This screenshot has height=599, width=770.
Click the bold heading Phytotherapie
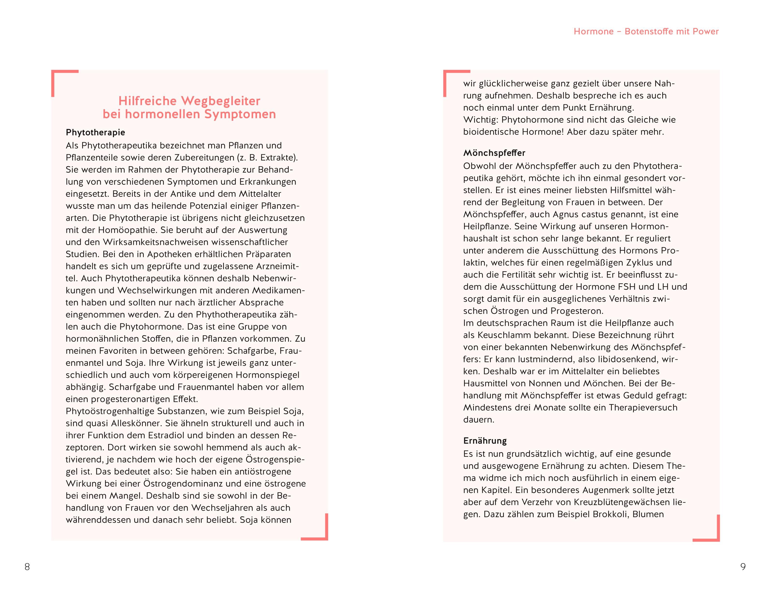[95, 133]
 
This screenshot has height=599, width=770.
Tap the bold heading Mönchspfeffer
[494, 153]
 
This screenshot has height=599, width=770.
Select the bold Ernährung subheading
[485, 441]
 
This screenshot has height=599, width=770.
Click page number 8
[27, 567]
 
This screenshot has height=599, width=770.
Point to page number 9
[743, 567]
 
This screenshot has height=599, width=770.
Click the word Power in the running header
[706, 31]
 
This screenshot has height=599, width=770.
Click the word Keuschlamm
[499, 335]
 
